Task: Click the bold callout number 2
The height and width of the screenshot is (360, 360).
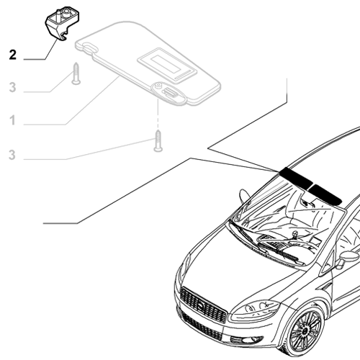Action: click(12, 54)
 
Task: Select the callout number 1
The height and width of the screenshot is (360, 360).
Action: click(12, 121)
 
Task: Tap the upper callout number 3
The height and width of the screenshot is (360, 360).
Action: click(12, 88)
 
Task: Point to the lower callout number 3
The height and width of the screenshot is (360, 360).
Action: click(12, 154)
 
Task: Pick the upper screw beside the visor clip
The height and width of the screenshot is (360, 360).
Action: click(75, 73)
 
